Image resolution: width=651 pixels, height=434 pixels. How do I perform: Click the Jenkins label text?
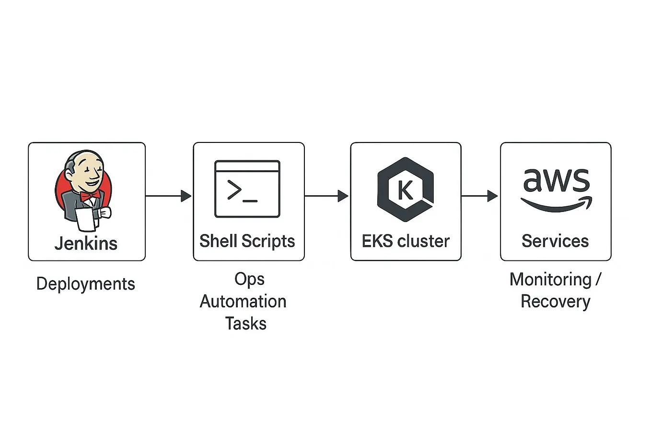[x=86, y=243]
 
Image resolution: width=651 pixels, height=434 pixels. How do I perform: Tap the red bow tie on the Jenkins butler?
[x=90, y=195]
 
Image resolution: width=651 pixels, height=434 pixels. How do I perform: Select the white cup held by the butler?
[x=87, y=219]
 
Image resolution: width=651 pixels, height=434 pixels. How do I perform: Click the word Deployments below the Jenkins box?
[x=86, y=284]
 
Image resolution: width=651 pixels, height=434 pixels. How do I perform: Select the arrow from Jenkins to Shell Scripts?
[x=168, y=196]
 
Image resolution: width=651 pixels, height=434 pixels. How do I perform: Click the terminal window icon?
[x=247, y=189]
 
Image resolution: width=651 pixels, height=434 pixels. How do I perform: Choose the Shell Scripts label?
[x=247, y=241]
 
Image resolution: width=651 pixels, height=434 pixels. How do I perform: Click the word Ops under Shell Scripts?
[x=249, y=279]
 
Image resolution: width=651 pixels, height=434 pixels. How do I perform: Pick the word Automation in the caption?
[x=243, y=301]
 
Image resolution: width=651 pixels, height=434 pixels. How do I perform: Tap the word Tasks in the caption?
[x=245, y=323]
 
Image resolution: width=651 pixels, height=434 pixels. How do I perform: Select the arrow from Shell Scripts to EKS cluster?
[x=326, y=196]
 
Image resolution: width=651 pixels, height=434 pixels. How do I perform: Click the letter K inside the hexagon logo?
[x=405, y=190]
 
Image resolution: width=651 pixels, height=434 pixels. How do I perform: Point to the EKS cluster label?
[x=406, y=241]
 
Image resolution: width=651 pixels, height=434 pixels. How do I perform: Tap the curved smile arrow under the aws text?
[x=556, y=205]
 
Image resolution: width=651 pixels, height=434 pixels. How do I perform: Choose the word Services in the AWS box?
[x=555, y=241]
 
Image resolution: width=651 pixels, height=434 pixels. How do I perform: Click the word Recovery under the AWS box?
[x=555, y=301]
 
